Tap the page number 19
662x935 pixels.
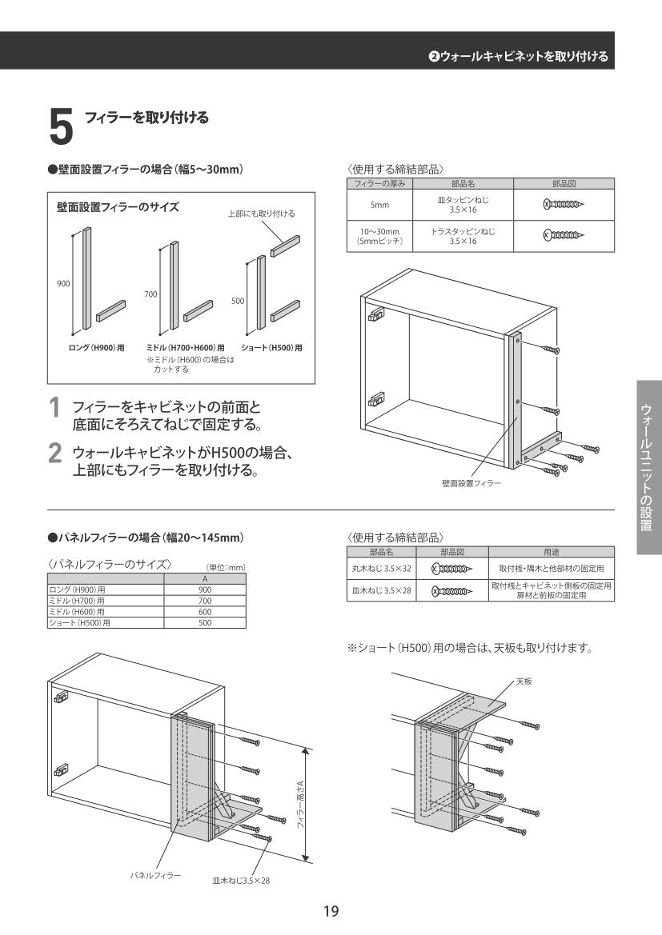331,911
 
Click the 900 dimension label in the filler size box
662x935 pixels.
63,283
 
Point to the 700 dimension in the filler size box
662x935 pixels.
150,294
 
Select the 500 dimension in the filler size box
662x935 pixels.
239,301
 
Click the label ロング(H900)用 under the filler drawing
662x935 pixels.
95,348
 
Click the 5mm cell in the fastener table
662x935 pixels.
379,204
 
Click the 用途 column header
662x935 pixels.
551,551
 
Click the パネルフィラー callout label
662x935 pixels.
156,874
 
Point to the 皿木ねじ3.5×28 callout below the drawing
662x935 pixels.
241,880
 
